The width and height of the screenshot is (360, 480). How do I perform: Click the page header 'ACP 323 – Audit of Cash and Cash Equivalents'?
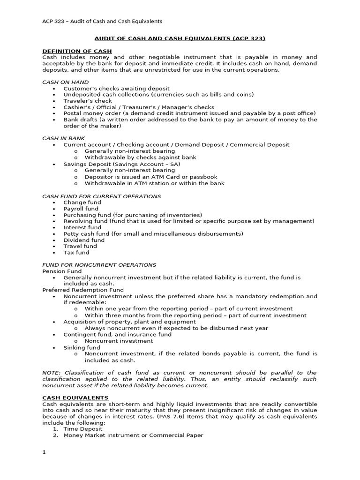tap(102, 21)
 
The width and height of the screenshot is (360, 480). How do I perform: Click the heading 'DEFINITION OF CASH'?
tap(77, 51)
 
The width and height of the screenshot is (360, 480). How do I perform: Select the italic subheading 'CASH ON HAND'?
tap(65, 82)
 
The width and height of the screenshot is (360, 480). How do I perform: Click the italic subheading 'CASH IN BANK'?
tap(64, 138)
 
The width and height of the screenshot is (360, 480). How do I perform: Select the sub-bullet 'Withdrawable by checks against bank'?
tap(140, 157)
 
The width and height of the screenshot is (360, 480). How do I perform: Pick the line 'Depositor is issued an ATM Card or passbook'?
tap(151, 177)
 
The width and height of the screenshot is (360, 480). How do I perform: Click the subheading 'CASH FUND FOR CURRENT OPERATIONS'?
tap(101, 196)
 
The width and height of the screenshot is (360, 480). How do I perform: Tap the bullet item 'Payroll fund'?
tap(81, 209)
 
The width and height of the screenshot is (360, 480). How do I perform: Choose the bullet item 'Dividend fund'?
tap(84, 240)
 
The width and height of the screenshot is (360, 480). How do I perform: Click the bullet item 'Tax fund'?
tap(76, 252)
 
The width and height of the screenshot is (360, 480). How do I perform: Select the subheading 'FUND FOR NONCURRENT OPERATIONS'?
tap(99, 265)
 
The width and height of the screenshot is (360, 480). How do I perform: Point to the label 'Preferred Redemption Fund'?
tap(83, 290)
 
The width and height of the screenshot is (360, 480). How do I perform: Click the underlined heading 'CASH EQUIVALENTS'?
tap(75, 397)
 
